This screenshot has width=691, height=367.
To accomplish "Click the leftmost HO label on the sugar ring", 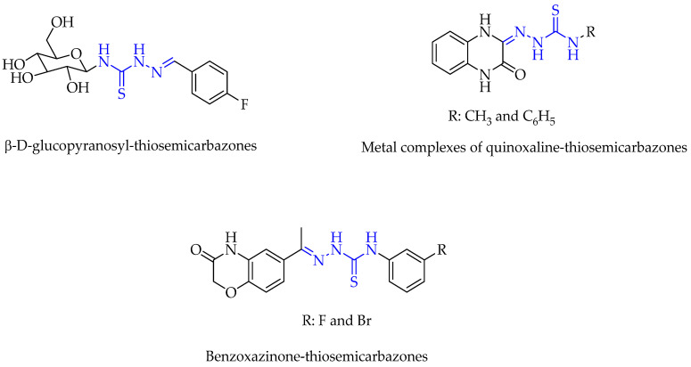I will tap(12, 64).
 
